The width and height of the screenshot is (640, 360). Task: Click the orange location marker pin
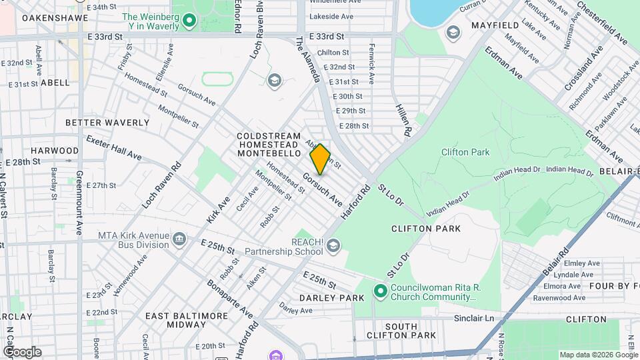click(x=320, y=159)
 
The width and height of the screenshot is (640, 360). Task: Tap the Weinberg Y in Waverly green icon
click(x=189, y=21)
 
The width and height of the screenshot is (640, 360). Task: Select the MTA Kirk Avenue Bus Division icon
click(x=179, y=239)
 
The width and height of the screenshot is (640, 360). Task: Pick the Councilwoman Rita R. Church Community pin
click(x=380, y=291)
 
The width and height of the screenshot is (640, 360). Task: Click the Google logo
click(x=21, y=351)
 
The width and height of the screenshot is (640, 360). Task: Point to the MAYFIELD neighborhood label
click(x=495, y=25)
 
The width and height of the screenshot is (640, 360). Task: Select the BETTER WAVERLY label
click(x=107, y=123)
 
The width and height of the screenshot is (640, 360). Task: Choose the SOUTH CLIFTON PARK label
click(x=401, y=329)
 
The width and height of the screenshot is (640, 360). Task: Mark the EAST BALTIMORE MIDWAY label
click(x=175, y=320)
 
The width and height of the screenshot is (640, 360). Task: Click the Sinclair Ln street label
click(x=473, y=319)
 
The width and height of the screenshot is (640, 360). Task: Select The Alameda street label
click(x=309, y=60)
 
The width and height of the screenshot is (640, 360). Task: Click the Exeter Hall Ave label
click(x=114, y=147)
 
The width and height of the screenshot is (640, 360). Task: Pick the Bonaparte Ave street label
click(x=238, y=305)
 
